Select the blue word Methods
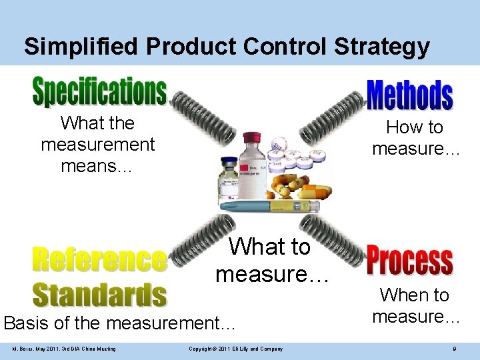[409, 95]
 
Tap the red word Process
[409, 262]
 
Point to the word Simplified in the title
[81, 46]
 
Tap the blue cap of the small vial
[229, 162]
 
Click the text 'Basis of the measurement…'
[120, 323]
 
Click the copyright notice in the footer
[236, 349]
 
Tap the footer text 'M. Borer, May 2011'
[64, 349]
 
